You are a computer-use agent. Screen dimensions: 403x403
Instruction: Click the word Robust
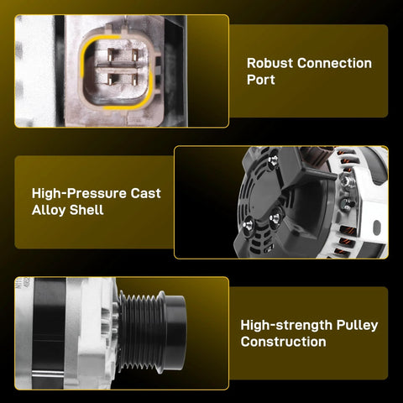tap(270, 63)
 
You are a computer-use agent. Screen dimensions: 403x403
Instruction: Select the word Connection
tap(334, 63)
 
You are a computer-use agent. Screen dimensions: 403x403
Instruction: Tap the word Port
tap(260, 80)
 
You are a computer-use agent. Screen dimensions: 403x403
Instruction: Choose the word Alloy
tap(49, 210)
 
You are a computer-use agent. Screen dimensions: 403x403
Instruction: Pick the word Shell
tap(86, 210)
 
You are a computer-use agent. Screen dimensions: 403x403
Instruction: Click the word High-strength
tap(286, 325)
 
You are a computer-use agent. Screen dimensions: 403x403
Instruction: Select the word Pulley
tap(357, 325)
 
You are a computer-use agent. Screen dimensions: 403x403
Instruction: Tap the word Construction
tap(283, 342)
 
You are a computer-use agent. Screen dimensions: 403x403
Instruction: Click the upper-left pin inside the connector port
tap(111, 55)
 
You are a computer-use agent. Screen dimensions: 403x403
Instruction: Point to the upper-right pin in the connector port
tap(135, 55)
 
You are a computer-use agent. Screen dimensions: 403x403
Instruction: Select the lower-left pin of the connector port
tap(111, 80)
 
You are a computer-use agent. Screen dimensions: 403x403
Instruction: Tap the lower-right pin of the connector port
tap(135, 80)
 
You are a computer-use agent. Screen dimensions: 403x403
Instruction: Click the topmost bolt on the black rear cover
tap(273, 160)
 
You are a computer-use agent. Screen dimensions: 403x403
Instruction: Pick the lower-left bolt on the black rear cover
tap(248, 224)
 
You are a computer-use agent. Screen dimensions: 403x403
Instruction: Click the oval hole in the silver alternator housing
tap(377, 228)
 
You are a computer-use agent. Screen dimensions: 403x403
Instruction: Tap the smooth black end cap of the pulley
tap(175, 332)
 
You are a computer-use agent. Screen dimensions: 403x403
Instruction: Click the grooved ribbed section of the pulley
tap(141, 332)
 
